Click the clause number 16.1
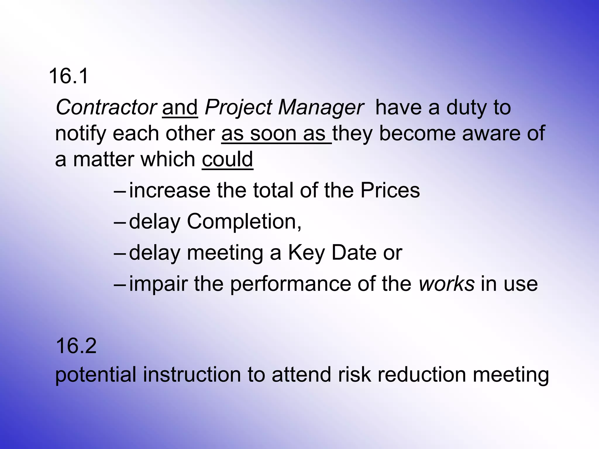pos(68,76)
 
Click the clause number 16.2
pos(76,346)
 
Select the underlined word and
pos(180,107)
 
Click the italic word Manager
pos(321,107)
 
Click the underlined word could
pos(227,159)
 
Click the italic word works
pos(446,284)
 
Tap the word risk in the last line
pos(354,375)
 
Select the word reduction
pos(421,375)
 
